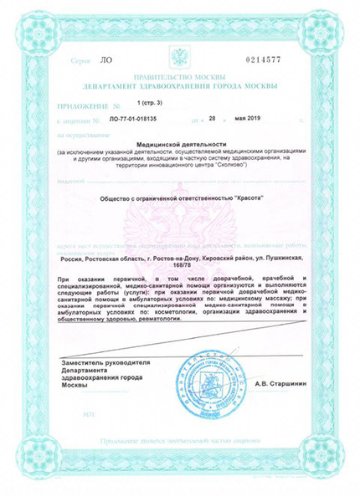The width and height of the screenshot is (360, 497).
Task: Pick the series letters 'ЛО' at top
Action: (104, 61)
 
